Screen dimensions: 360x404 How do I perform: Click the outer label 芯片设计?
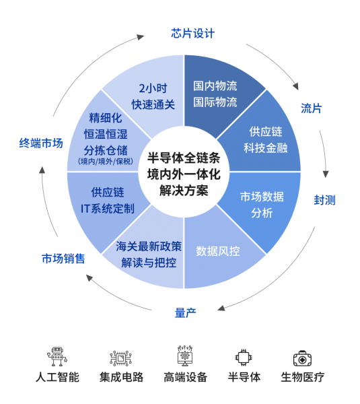coord(192,34)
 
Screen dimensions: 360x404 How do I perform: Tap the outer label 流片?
coord(312,108)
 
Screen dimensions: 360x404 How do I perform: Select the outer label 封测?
coord(324,200)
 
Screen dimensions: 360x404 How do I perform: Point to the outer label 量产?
coord(185,313)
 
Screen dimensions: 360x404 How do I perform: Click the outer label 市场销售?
coord(63,259)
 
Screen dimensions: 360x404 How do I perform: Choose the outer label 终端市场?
coord(41,143)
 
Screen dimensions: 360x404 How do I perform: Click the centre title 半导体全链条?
coord(184,158)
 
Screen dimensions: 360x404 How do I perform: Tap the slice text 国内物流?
coord(215,86)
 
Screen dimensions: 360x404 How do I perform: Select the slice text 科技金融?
coord(266,148)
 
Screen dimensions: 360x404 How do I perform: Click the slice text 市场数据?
coord(262,197)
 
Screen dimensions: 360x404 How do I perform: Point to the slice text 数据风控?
coord(218,251)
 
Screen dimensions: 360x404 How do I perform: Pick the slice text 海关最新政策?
coord(149,246)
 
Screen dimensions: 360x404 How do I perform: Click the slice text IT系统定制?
coord(108,209)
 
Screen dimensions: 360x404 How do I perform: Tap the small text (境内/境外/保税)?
coord(106,162)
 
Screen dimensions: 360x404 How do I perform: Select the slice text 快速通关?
coord(153,104)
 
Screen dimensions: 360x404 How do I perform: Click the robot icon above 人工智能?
coord(57,356)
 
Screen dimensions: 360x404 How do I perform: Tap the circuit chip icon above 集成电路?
coord(120,358)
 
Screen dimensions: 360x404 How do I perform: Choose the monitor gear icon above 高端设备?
coord(185,356)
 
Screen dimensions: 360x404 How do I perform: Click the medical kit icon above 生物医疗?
coord(302,358)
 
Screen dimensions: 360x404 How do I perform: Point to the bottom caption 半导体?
coord(244,377)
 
